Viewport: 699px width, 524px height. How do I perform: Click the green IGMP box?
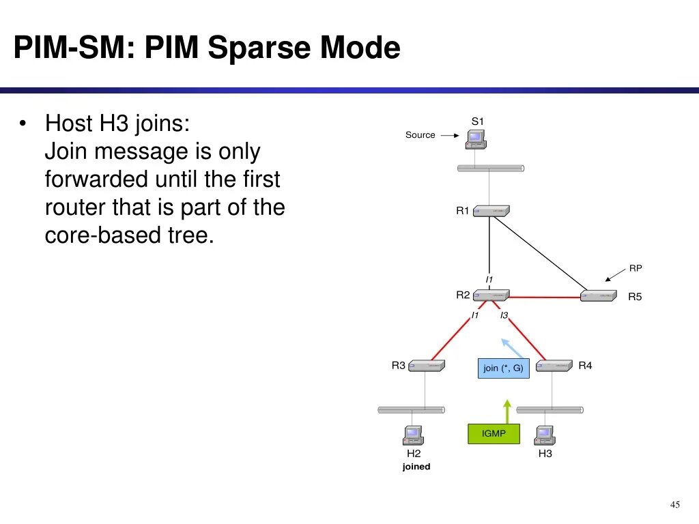[494, 434]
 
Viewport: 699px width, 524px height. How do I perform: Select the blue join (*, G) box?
[503, 368]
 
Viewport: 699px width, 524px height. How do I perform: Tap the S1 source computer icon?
[476, 139]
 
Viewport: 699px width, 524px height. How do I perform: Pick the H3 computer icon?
[544, 435]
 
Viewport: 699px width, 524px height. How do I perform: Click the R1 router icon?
[491, 211]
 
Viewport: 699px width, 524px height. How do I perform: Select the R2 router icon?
[491, 295]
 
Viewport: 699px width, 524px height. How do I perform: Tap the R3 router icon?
[427, 366]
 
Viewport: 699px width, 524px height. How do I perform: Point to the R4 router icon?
[553, 366]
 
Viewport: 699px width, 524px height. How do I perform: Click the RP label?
[636, 268]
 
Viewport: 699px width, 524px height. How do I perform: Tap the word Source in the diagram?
[420, 135]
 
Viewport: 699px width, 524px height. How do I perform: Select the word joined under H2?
[416, 467]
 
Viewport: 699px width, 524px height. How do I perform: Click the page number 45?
[674, 505]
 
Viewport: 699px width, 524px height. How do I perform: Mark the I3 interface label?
[504, 315]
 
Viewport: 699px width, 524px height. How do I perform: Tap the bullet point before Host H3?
[23, 124]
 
